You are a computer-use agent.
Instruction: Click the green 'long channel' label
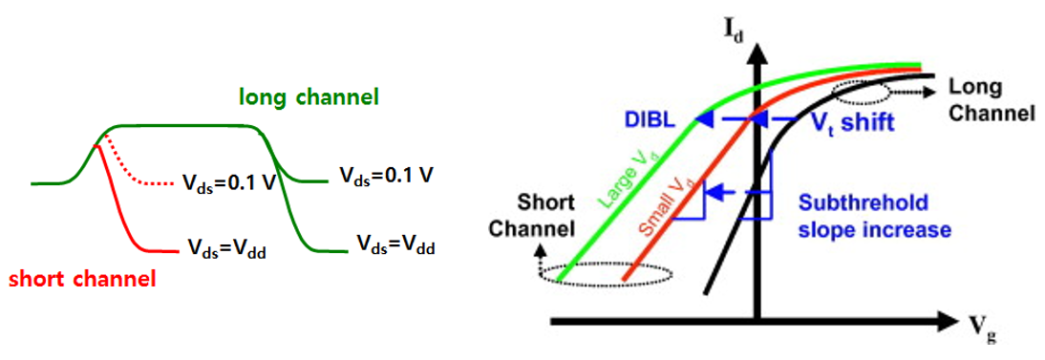[309, 97]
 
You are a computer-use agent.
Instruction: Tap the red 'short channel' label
[81, 280]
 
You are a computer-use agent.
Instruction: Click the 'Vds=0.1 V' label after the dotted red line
[228, 180]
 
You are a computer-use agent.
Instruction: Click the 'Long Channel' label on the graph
[991, 99]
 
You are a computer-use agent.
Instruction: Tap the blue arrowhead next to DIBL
[704, 119]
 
